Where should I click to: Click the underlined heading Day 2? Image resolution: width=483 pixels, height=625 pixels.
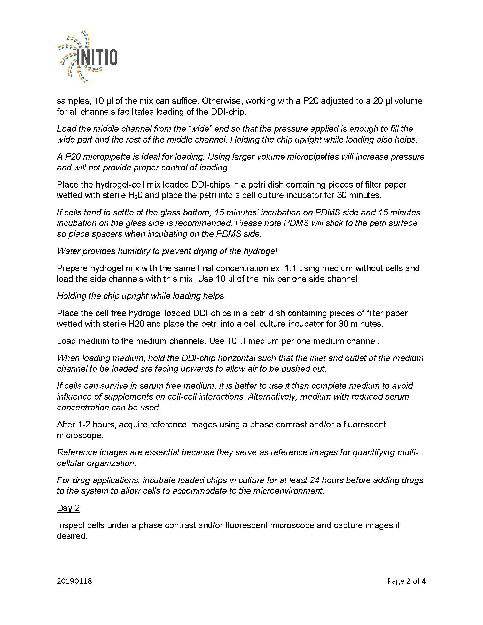68,508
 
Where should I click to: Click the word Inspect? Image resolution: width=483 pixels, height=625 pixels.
71,525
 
